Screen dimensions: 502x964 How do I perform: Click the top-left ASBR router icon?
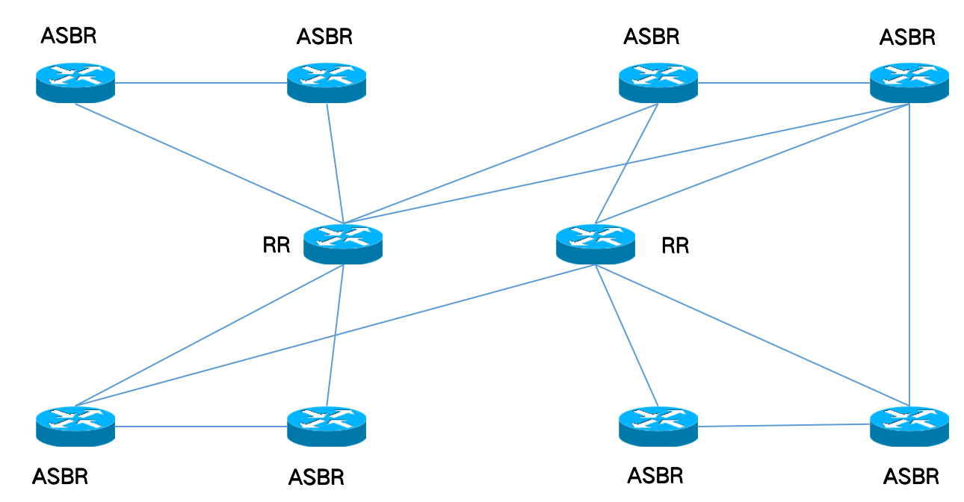click(x=75, y=81)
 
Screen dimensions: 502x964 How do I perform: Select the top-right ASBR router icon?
click(x=909, y=81)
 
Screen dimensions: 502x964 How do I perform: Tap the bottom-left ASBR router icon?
click(x=75, y=427)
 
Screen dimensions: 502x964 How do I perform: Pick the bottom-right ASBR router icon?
click(x=909, y=427)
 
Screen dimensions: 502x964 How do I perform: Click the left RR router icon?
click(x=343, y=244)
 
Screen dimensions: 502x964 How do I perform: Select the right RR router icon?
click(x=596, y=244)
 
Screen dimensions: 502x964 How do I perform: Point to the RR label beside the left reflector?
click(x=276, y=245)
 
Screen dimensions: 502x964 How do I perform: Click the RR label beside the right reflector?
click(x=675, y=245)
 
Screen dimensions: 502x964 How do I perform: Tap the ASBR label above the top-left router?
click(x=69, y=35)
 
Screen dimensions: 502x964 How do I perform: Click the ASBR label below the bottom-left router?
click(x=60, y=476)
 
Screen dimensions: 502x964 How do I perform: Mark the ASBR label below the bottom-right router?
click(x=911, y=476)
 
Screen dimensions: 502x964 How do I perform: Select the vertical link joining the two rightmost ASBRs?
click(x=909, y=254)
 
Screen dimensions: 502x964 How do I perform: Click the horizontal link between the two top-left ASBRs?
click(x=202, y=82)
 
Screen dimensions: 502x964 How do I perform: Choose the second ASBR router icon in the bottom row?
click(x=327, y=427)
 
